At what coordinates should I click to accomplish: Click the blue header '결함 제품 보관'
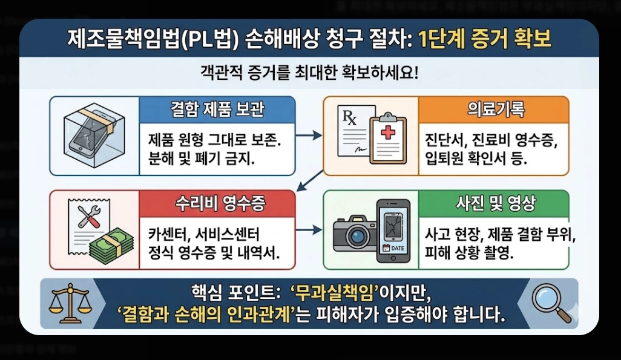(217, 110)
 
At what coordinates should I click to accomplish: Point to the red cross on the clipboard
(385, 133)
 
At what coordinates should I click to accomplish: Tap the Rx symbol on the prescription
(350, 116)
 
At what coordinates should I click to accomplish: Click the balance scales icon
(68, 303)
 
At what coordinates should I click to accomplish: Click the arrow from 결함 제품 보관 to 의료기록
(308, 136)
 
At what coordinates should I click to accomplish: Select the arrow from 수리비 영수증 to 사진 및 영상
(308, 231)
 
